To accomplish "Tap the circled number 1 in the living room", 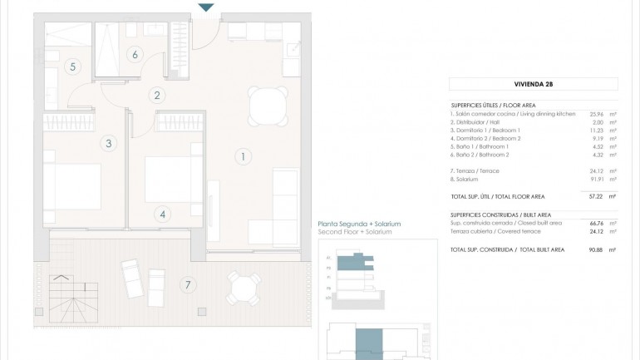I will tap(243, 155).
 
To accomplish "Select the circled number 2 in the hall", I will tap(157, 95).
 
